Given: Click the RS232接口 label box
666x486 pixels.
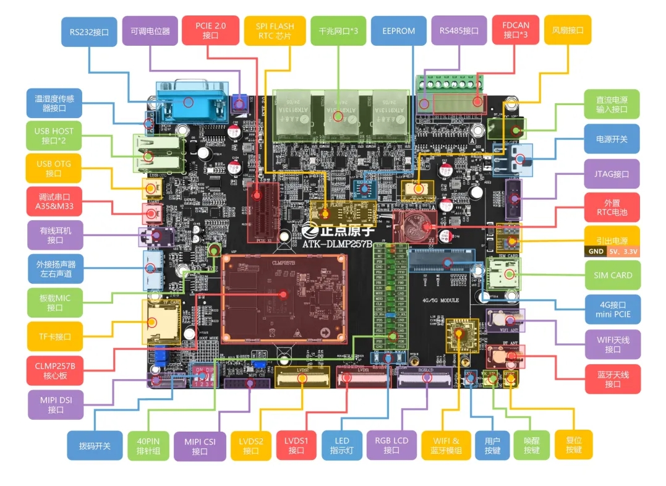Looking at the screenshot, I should pyautogui.click(x=88, y=32).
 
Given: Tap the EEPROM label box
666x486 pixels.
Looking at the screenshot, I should pyautogui.click(x=398, y=31).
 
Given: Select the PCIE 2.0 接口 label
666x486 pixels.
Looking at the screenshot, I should pyautogui.click(x=210, y=31).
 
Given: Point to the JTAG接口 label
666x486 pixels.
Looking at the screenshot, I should pyautogui.click(x=612, y=174).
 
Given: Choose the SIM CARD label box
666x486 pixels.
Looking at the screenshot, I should pyautogui.click(x=612, y=275).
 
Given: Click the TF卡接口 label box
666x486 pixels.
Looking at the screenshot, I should pyautogui.click(x=54, y=337).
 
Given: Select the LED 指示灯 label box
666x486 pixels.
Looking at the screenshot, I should pyautogui.click(x=342, y=445).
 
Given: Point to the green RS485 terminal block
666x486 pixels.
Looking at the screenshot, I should pyautogui.click(x=451, y=97).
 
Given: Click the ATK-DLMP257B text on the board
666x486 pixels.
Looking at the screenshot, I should pyautogui.click(x=338, y=244).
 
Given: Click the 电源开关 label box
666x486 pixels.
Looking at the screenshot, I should pyautogui.click(x=612, y=139).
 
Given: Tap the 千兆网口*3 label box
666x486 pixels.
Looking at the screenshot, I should pyautogui.click(x=338, y=31).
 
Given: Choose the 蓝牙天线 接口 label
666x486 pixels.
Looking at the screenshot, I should pyautogui.click(x=612, y=379).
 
